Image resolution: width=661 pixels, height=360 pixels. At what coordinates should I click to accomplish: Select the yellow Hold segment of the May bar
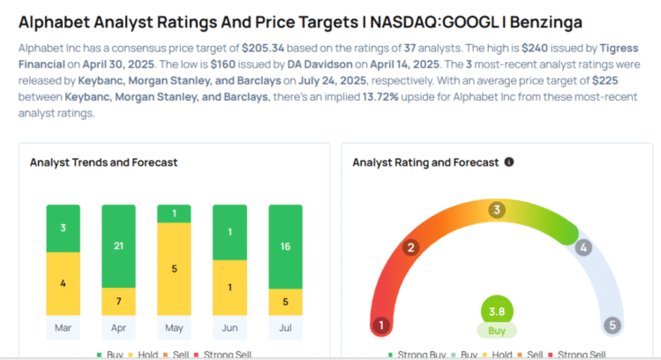[174, 268]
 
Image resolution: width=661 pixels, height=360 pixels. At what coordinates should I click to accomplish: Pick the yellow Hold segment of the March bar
[63, 283]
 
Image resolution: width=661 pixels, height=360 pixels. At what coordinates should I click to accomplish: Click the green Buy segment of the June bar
[229, 232]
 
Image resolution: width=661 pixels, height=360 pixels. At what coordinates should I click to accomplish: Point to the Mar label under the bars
[63, 327]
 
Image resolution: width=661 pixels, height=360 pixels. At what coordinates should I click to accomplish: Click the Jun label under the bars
[229, 327]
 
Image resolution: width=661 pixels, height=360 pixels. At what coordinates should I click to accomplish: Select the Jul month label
[285, 327]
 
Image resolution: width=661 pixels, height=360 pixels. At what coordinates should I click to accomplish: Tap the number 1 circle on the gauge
[381, 325]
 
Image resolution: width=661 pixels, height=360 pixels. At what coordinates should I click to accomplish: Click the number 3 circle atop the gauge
[497, 209]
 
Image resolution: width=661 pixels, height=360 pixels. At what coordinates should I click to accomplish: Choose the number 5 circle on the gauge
[612, 325]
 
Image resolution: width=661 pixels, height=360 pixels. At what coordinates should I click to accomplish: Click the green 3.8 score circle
[497, 311]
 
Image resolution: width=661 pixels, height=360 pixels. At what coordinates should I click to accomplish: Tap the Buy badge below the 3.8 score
[497, 332]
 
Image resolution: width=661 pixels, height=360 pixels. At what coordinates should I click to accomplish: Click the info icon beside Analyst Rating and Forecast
[509, 162]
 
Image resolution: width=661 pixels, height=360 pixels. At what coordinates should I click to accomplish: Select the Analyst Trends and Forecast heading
[103, 162]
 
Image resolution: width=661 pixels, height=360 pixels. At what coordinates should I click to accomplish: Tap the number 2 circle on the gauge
[410, 247]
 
